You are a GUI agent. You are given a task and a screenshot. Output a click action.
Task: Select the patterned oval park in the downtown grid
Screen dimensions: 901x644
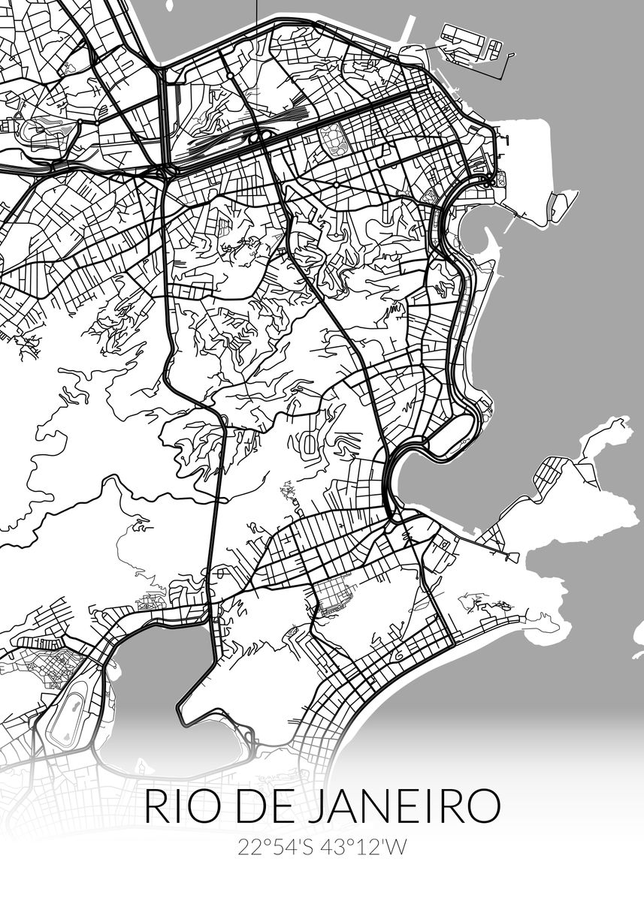[330, 138]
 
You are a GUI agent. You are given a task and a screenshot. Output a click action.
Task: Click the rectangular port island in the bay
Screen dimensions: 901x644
[470, 41]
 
